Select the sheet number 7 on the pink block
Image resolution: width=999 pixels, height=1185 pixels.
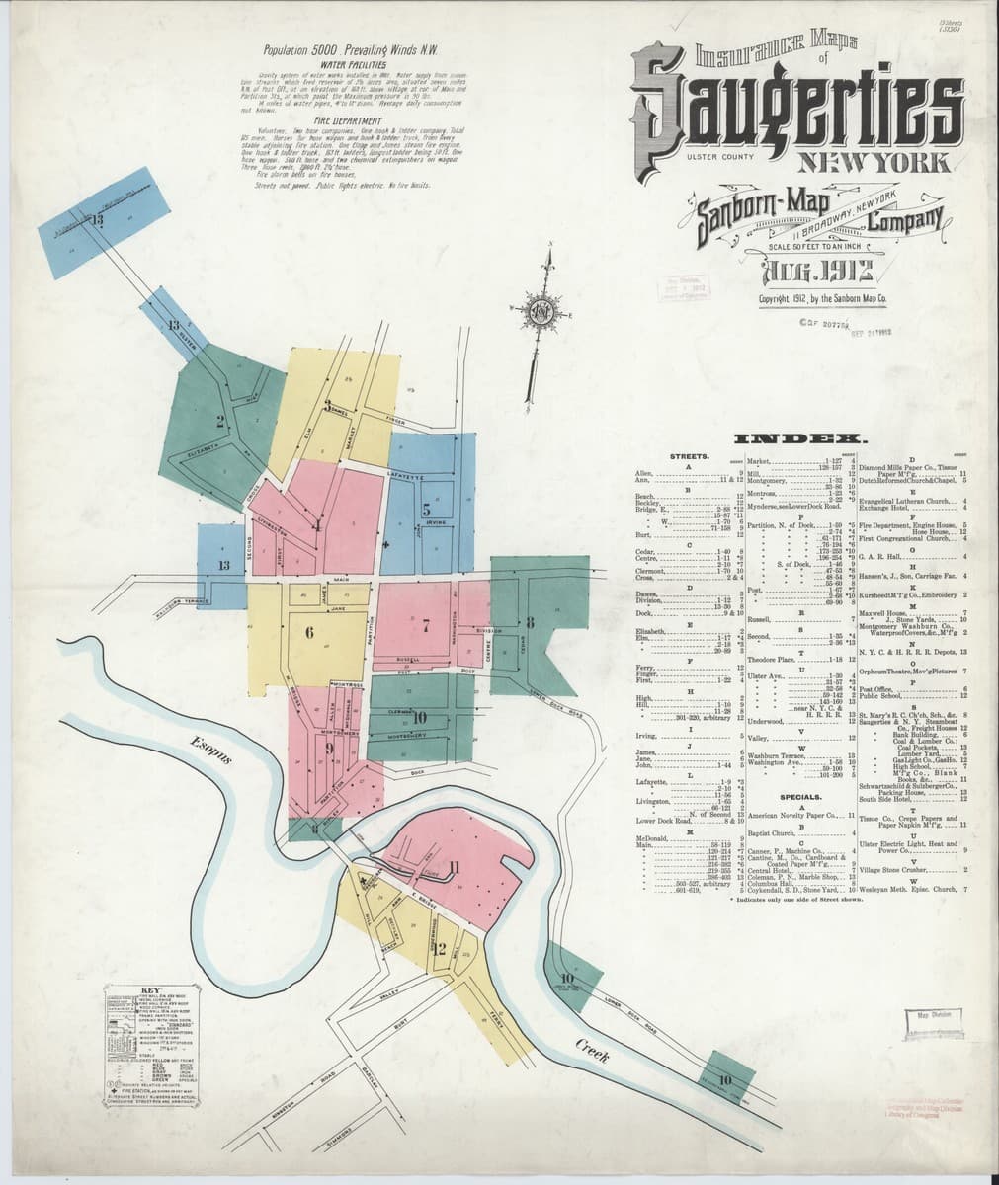click(x=426, y=624)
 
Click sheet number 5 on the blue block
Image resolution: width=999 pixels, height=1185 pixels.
click(x=426, y=511)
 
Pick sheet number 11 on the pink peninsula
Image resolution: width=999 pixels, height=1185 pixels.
click(x=454, y=868)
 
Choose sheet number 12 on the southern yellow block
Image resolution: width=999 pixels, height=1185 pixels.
click(x=441, y=951)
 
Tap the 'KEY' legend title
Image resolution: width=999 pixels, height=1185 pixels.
click(x=150, y=990)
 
